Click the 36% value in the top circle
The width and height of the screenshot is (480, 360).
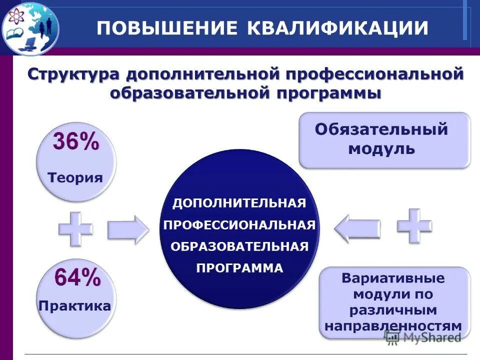tap(76, 143)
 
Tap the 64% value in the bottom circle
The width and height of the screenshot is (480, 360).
tap(77, 277)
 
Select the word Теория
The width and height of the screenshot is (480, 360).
tap(75, 177)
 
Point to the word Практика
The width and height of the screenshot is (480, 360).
tap(75, 305)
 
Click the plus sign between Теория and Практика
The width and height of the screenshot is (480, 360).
tap(75, 228)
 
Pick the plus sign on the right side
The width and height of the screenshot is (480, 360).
tap(414, 225)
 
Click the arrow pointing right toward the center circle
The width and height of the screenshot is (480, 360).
tap(128, 229)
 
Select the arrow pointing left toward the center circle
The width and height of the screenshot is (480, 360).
tap(357, 228)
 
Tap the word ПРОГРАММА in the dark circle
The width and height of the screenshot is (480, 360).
tap(239, 268)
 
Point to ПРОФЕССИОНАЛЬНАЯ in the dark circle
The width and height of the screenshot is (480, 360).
tap(239, 225)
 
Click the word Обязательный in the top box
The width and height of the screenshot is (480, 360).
tap(381, 129)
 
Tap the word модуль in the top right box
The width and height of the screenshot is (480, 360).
tap(381, 149)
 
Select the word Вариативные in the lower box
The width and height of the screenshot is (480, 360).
tap(393, 278)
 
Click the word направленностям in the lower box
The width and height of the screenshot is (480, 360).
tap(393, 325)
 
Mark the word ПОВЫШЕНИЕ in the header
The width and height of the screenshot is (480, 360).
tap(166, 27)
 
